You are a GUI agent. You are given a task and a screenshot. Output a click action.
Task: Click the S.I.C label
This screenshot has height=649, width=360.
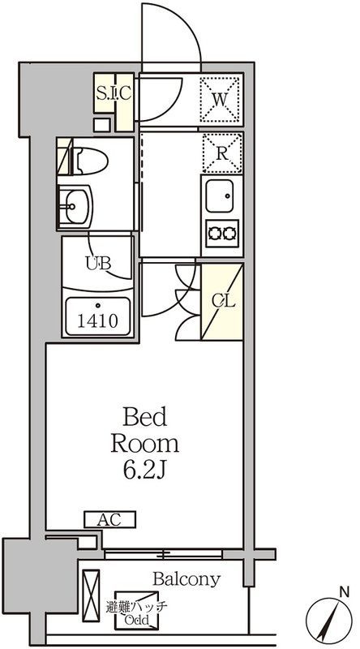114,93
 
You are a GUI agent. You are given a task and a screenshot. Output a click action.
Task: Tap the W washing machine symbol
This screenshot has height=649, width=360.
221,99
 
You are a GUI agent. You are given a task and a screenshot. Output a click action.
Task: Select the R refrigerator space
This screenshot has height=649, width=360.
222,153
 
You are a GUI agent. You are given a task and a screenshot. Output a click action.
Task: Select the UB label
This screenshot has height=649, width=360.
98,262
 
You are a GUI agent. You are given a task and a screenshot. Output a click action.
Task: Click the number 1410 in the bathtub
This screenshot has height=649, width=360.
97,320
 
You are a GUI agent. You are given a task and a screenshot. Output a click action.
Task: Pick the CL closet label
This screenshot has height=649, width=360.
224,301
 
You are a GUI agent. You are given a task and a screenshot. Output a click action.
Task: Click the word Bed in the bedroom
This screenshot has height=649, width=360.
145,417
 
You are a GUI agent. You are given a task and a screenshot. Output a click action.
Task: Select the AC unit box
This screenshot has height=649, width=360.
110,519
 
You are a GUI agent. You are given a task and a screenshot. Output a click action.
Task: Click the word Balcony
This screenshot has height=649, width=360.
186,579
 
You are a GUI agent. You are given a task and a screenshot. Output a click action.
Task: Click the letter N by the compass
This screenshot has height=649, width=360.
344,592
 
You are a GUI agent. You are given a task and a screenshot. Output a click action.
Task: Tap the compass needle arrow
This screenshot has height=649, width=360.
328,621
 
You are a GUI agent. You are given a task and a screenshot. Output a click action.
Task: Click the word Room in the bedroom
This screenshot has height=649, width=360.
145,444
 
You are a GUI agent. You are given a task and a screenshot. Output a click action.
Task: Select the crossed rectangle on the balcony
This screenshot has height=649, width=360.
91,595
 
